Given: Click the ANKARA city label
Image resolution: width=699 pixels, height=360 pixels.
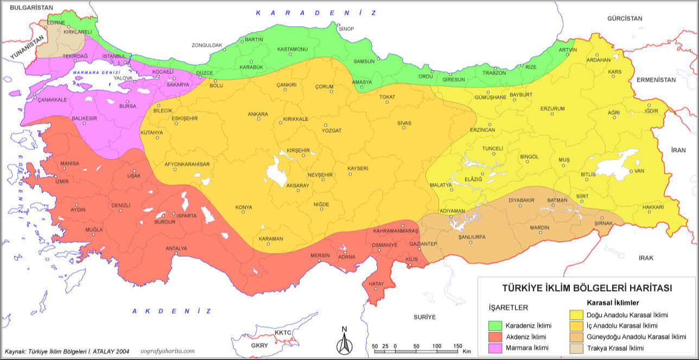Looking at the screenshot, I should [258, 114].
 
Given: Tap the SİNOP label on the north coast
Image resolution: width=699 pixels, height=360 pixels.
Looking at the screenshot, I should [346, 29].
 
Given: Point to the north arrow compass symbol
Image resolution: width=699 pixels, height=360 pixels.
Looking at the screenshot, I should [344, 342].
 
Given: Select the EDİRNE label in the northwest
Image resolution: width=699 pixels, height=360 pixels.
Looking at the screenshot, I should [56, 23].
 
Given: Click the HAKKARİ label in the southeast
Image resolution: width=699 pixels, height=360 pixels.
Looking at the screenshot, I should [653, 207].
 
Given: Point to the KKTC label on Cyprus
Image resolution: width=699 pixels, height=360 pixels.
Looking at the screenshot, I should [283, 332].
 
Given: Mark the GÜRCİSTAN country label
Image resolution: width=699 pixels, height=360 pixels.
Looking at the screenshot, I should [625, 18].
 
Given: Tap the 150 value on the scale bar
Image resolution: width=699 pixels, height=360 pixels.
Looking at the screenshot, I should [457, 346].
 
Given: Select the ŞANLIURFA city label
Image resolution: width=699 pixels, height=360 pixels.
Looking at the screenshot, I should [472, 237].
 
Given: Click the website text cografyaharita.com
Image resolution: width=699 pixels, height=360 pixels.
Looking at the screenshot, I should [167, 351].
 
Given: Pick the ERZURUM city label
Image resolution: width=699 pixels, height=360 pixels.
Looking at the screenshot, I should [552, 109].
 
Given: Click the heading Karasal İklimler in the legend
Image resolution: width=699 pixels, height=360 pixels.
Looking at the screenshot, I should [613, 302].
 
